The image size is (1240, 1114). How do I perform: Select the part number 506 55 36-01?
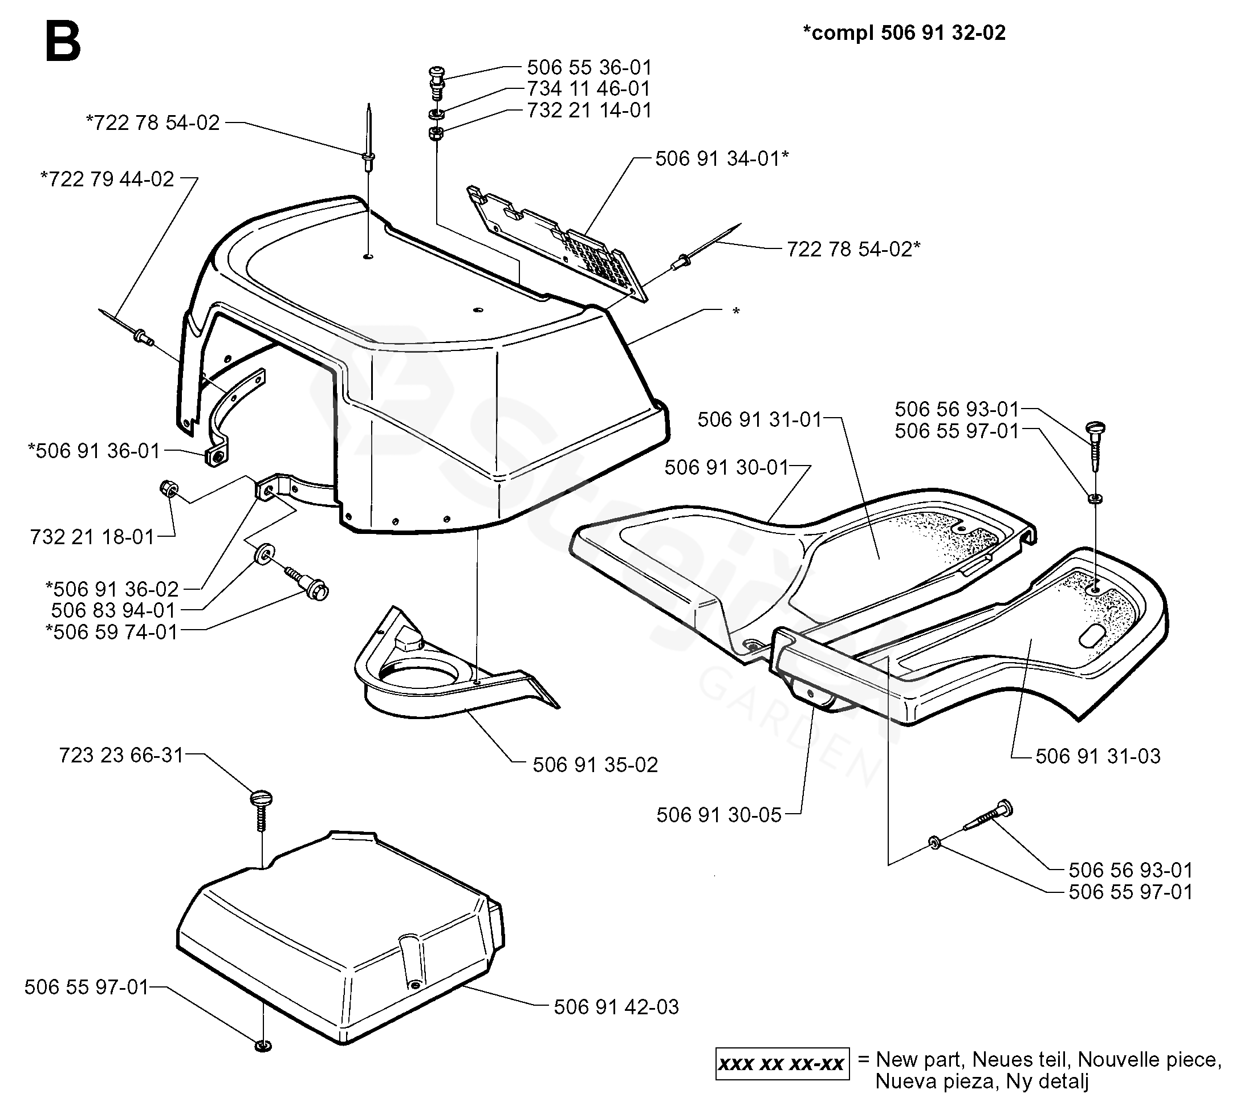point(589,67)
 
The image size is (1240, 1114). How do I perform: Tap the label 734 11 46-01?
point(588,89)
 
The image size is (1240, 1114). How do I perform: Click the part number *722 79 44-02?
point(107,179)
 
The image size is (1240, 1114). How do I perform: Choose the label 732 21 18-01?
point(92,537)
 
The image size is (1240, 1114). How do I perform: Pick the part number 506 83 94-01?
point(113,610)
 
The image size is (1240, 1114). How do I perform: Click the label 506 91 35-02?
point(595,765)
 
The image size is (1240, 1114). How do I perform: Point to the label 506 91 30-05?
point(719,815)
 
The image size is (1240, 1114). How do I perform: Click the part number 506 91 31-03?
point(1097,756)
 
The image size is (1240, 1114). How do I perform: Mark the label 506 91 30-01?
point(726,467)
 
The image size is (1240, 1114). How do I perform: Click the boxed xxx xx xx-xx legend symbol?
point(782,1063)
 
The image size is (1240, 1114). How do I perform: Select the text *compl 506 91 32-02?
point(904,32)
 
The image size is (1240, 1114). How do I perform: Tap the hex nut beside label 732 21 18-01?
point(167,488)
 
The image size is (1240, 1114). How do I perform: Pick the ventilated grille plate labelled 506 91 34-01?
point(557,245)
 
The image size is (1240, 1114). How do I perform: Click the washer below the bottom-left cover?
point(263,1046)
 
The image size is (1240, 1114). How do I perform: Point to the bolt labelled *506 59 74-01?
point(307,583)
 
